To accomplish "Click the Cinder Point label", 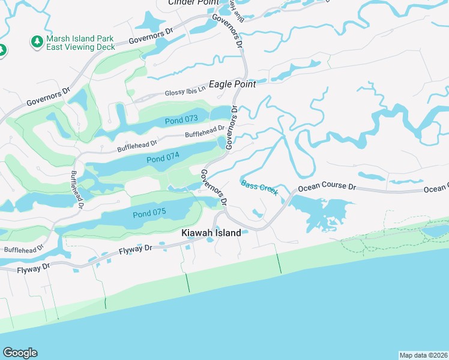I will pos(193,2).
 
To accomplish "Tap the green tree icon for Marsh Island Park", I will pos(37,42).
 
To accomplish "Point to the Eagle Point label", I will pos(232,85).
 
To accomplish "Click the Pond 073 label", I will pos(182,120).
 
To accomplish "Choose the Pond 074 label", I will pos(163,159).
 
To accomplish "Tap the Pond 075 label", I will pos(149,214).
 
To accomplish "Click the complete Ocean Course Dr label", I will pos(327,187).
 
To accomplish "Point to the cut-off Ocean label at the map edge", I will pos(436,189).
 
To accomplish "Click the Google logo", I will pos(20,353).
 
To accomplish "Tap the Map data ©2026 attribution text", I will pos(423,355).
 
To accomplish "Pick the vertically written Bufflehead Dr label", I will pos(76,189).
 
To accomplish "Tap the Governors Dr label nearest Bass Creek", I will pos(214,187).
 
